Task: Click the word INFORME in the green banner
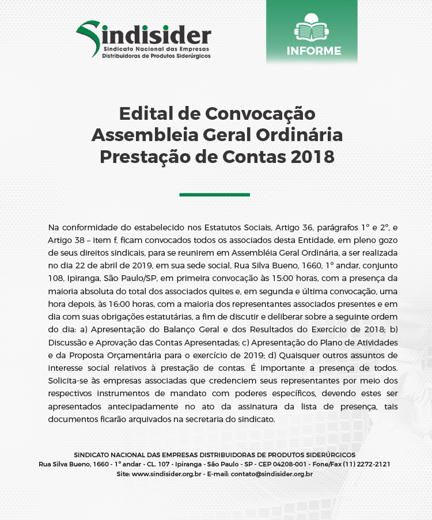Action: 314,51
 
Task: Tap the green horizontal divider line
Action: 214,195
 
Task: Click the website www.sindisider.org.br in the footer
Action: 166,474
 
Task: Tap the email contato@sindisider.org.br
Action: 272,474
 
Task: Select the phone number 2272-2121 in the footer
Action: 374,464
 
